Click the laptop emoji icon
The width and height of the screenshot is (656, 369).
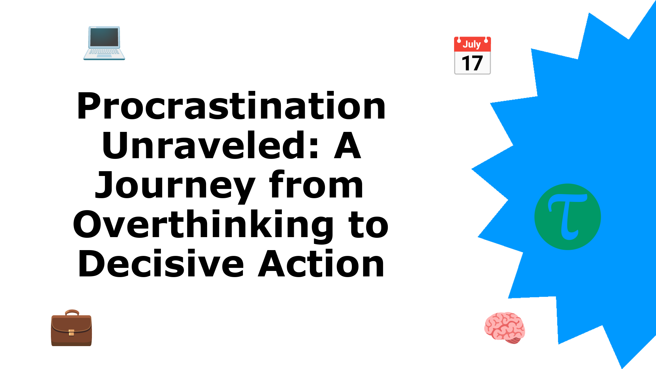(x=104, y=43)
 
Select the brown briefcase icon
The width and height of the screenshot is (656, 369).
(x=71, y=328)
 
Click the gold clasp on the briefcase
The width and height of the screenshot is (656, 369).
(x=71, y=332)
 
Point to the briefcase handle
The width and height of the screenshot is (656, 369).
(x=72, y=312)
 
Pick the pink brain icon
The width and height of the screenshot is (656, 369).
(x=505, y=328)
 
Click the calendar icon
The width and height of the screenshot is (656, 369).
(x=473, y=55)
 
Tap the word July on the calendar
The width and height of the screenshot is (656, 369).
(x=472, y=44)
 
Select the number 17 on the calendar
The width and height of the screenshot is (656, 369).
(x=472, y=63)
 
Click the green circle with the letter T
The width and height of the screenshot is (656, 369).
(x=568, y=217)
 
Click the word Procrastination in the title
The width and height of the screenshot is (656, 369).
(x=231, y=106)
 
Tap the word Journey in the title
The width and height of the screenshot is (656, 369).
(x=175, y=186)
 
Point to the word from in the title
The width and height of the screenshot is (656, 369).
(x=316, y=184)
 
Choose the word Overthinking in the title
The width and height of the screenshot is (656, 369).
(x=203, y=225)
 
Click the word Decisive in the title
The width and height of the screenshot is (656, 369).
(x=161, y=264)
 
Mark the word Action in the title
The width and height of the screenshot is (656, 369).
(x=321, y=264)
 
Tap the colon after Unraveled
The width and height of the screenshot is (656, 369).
(x=314, y=150)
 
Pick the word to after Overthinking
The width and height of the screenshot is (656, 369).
(x=368, y=225)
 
